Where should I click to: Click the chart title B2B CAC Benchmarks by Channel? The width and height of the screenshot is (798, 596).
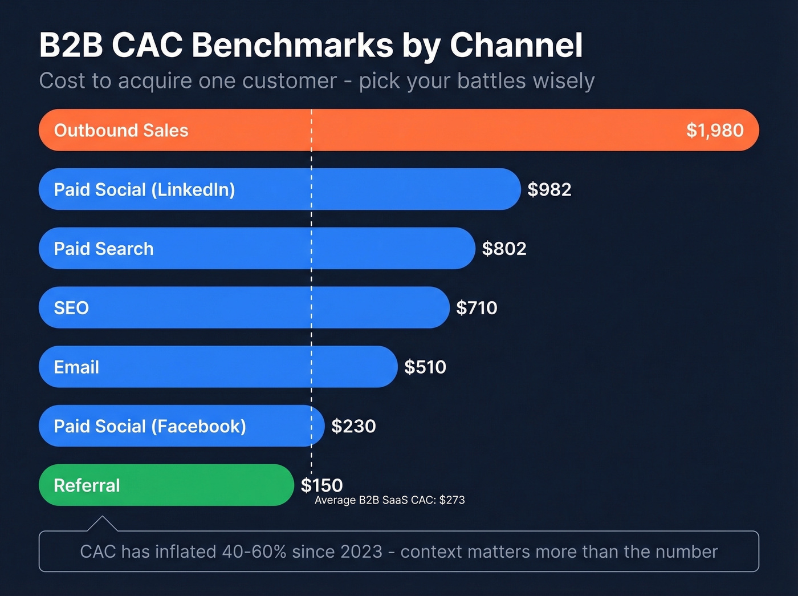point(311,45)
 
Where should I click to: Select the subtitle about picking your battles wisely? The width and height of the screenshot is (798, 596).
point(316,81)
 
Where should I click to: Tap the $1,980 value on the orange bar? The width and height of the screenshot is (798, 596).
point(714,131)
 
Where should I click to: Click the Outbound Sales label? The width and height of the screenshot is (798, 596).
point(121,131)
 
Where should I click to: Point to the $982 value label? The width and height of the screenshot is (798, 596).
point(549,189)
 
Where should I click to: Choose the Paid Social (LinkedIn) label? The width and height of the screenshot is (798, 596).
point(144,189)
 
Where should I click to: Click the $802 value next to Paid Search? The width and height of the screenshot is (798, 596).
point(504,249)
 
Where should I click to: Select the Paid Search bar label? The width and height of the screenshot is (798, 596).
point(104,249)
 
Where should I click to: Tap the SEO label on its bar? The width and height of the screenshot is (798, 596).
point(71,308)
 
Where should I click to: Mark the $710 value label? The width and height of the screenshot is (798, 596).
point(477,308)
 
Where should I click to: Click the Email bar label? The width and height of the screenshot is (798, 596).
point(76,367)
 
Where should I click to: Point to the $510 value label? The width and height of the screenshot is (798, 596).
point(425,367)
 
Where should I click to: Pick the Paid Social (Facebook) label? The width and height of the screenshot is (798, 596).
point(150,426)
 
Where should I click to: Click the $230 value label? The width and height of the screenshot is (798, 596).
point(353,426)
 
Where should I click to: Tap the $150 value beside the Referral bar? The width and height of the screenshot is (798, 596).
point(321,485)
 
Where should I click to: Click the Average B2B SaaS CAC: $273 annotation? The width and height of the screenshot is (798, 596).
point(389,500)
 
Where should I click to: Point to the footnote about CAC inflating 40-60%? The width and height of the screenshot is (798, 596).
point(398,552)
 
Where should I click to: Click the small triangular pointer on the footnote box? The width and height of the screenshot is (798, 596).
point(102,524)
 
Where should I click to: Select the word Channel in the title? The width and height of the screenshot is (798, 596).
point(516,45)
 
